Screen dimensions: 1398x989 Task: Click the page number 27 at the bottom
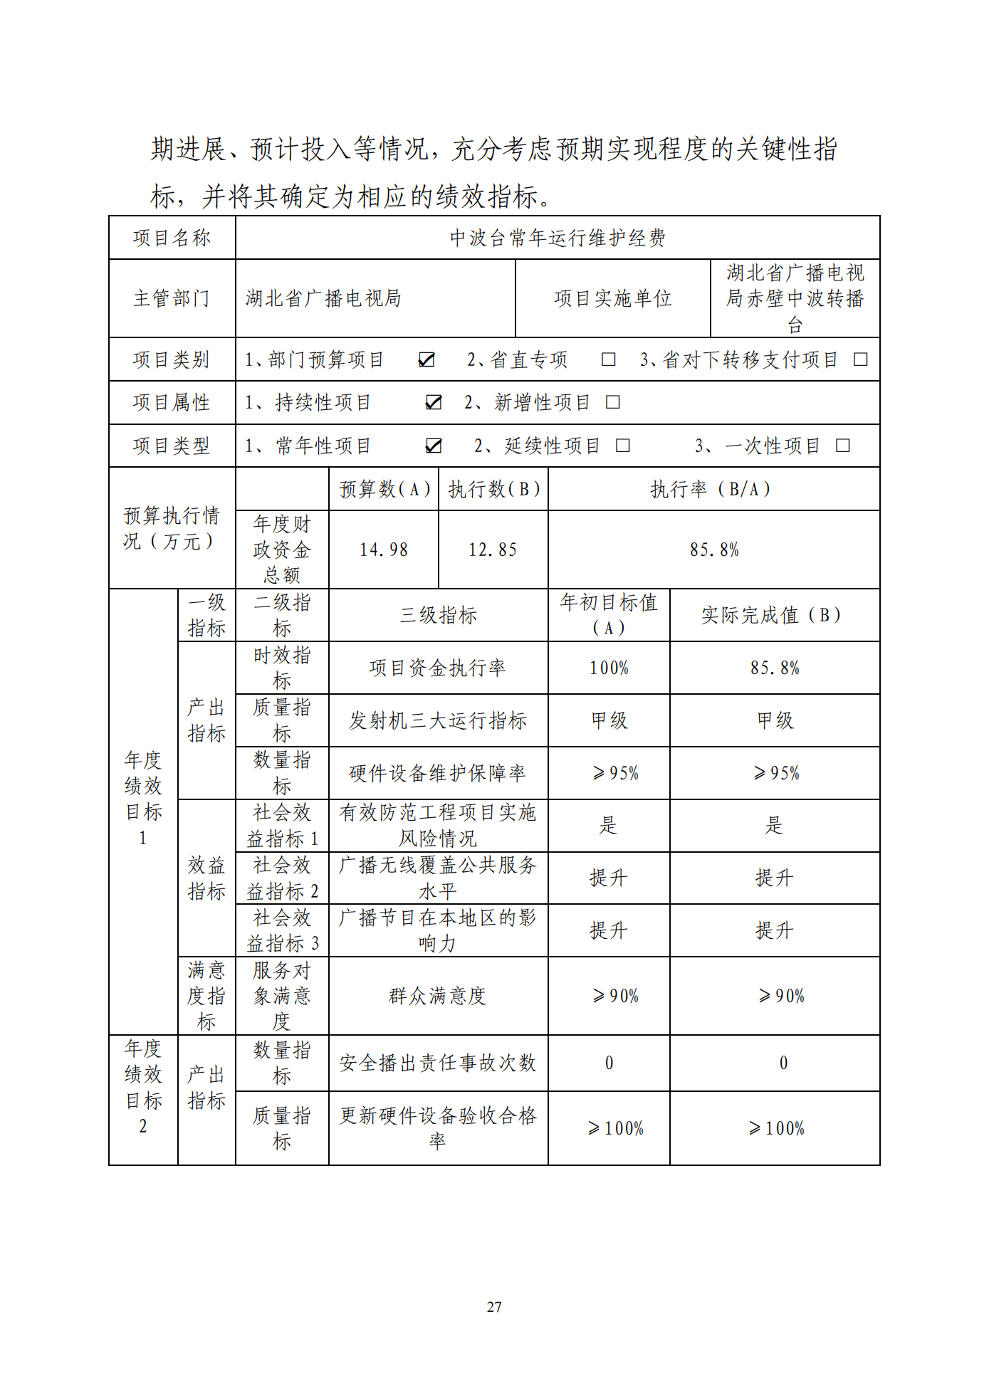494,1307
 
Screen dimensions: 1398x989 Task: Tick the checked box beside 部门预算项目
427,360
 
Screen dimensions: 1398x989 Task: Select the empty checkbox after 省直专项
608,359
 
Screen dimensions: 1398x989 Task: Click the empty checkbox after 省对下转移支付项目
860,359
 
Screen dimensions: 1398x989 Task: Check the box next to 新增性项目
612,403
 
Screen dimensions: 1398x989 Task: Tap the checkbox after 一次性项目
842,446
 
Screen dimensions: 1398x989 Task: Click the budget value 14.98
384,550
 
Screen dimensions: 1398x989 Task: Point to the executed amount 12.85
493,550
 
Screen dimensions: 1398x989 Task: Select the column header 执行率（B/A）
713,490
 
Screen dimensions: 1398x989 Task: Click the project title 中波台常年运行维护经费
558,238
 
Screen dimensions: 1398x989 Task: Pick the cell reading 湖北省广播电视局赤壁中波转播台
795,299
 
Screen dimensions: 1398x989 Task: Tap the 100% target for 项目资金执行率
609,668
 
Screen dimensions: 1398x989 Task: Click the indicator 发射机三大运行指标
438,721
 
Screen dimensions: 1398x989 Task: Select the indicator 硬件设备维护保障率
438,774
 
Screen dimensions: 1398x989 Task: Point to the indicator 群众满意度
438,996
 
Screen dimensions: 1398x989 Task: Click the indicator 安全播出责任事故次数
438,1063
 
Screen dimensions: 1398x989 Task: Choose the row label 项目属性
172,403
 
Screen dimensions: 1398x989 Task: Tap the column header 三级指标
438,616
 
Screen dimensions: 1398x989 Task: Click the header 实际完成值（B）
774,616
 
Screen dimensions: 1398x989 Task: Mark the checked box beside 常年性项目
433,446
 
